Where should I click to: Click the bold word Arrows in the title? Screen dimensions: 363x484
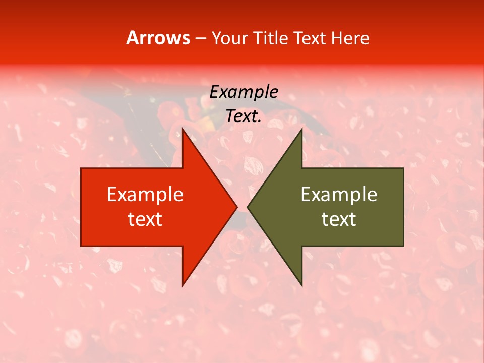click(x=158, y=38)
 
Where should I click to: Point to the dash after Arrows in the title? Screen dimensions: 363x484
click(x=200, y=38)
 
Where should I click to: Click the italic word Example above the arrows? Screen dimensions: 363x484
click(x=244, y=92)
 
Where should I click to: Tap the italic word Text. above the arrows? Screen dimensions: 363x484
click(x=244, y=116)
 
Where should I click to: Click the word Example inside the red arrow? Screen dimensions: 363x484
click(x=145, y=194)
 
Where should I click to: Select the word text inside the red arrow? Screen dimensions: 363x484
click(x=145, y=219)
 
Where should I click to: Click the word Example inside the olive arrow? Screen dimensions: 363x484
click(x=339, y=194)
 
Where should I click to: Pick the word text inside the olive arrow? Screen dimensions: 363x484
click(x=339, y=219)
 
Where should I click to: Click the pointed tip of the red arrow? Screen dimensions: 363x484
click(x=237, y=207)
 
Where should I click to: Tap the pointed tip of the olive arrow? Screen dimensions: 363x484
click(x=248, y=207)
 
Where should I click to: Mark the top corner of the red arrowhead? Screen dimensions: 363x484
click(x=183, y=129)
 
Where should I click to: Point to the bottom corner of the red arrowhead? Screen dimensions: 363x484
click(x=183, y=285)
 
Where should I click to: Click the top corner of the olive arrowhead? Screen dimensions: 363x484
click(x=301, y=129)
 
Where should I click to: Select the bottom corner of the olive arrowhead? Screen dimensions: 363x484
click(x=301, y=285)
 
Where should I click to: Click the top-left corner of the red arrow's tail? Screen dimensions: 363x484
click(x=81, y=168)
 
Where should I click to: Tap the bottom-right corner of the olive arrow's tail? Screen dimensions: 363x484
click(x=403, y=246)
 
